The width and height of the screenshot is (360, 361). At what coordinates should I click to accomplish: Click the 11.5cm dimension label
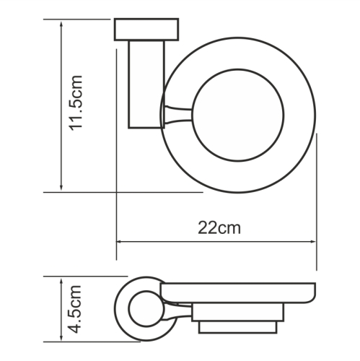tap(76, 103)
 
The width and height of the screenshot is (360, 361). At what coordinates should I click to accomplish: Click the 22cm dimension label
tap(219, 228)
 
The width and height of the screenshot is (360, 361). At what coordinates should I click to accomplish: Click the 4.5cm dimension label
tap(76, 309)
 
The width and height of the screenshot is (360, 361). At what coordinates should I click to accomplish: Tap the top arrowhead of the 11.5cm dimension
tap(61, 24)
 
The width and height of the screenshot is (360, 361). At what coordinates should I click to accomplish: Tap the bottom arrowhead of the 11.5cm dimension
tap(61, 187)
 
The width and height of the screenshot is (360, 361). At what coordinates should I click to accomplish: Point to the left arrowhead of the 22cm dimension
tap(120, 242)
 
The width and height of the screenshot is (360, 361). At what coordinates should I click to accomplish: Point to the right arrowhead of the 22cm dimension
tap(312, 242)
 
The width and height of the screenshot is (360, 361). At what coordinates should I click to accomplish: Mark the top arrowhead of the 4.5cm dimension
tap(61, 282)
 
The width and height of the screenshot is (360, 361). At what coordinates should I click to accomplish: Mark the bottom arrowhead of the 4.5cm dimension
tap(61, 337)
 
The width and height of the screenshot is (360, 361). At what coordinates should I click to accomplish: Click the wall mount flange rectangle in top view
tap(146, 29)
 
